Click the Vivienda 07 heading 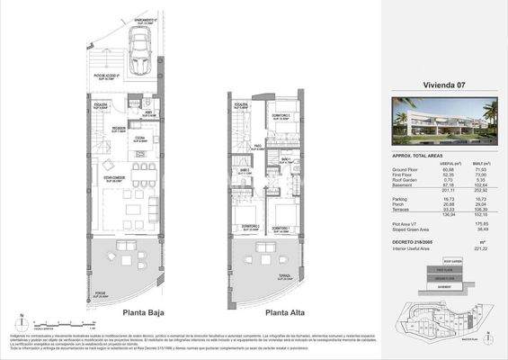click(x=441, y=85)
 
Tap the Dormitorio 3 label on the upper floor click(x=281, y=117)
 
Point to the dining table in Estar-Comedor click(x=141, y=170)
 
